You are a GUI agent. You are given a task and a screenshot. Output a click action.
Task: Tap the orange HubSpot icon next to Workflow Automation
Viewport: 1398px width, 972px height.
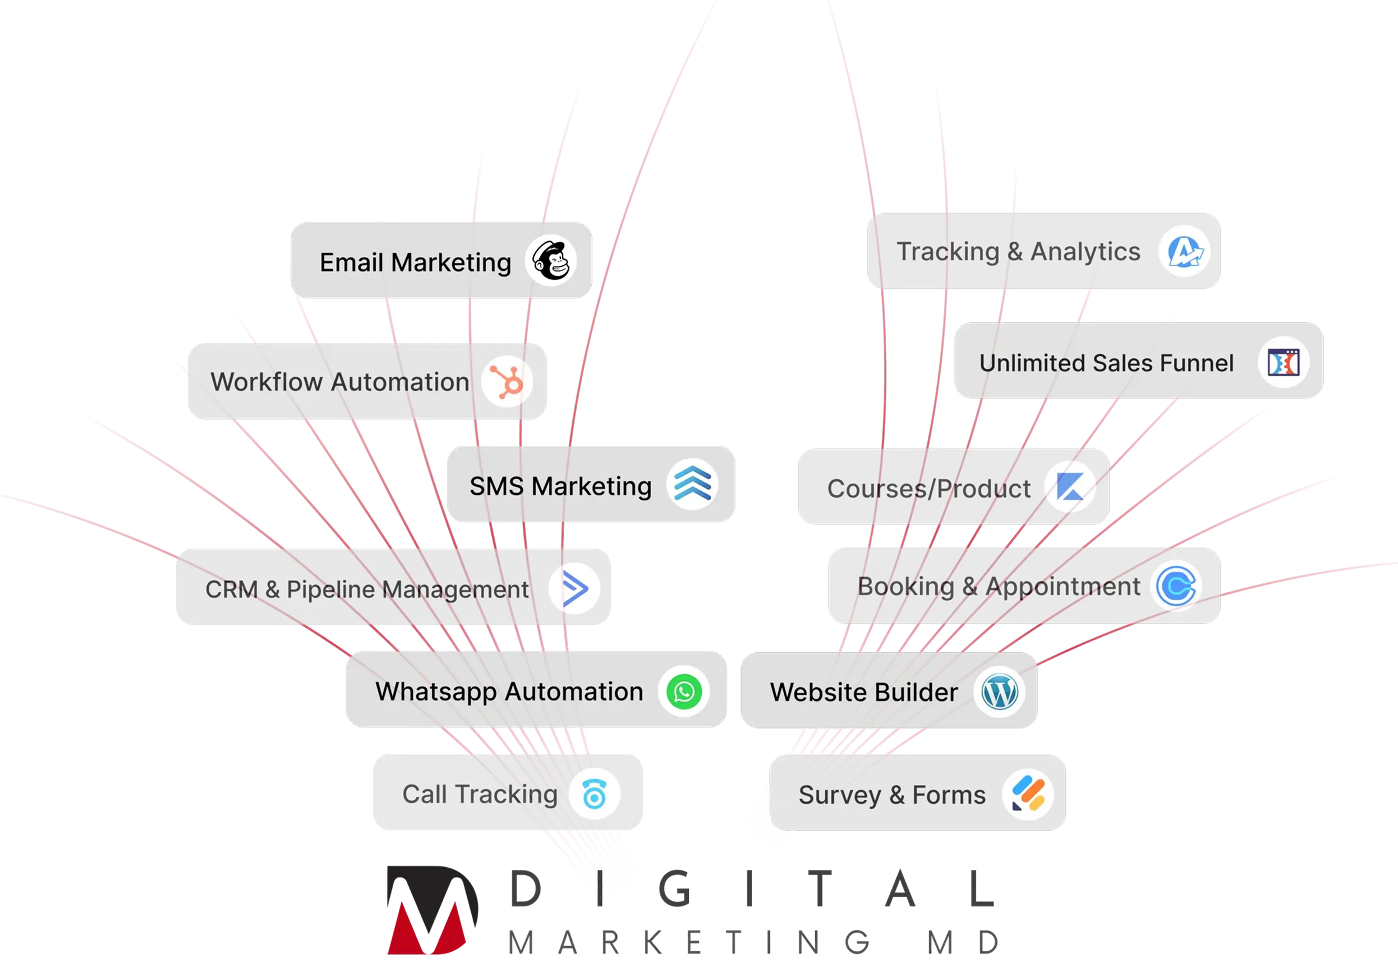click(x=507, y=382)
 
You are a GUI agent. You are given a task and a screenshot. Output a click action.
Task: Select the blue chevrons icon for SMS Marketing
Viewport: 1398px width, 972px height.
click(x=692, y=485)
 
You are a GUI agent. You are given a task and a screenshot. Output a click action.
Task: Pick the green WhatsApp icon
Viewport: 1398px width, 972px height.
click(x=684, y=692)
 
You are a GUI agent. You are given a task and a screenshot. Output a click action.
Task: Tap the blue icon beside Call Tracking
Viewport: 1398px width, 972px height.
click(x=594, y=794)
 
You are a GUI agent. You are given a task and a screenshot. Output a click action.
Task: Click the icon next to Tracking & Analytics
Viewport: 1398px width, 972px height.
click(x=1184, y=251)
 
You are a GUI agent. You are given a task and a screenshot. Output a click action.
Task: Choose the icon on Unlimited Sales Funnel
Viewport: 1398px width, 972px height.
click(x=1284, y=362)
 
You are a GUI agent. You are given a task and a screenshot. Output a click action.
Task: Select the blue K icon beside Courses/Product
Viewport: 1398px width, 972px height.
click(x=1070, y=487)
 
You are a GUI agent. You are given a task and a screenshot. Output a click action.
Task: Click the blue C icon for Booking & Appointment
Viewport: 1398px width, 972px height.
click(x=1176, y=586)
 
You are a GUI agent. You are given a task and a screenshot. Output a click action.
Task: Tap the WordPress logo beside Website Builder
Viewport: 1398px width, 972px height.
click(x=999, y=692)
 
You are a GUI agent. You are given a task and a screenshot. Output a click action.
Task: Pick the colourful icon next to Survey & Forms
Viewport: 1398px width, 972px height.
click(x=1028, y=795)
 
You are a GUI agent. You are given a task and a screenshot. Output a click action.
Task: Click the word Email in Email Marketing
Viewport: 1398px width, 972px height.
click(x=351, y=262)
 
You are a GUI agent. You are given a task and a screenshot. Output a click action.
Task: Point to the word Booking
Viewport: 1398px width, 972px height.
click(x=905, y=587)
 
